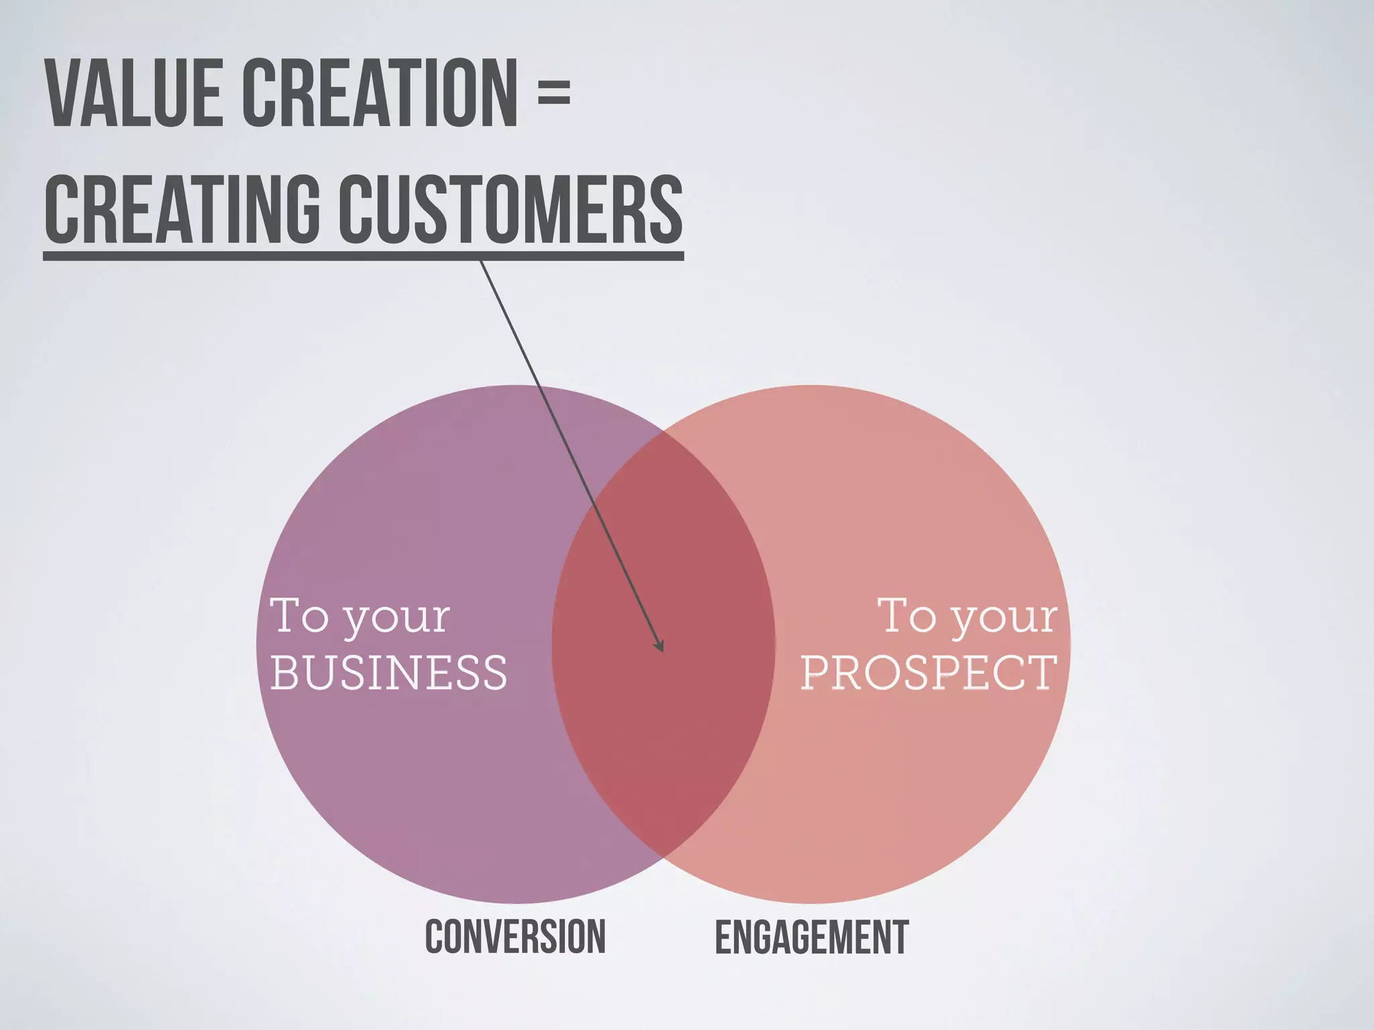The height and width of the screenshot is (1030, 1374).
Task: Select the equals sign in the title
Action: point(553,95)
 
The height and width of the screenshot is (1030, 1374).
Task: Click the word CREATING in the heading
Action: point(181,209)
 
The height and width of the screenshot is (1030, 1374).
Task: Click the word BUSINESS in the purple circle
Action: point(389,673)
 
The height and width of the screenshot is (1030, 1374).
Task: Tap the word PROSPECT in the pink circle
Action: point(929,673)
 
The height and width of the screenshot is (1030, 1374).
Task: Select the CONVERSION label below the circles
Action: point(515,937)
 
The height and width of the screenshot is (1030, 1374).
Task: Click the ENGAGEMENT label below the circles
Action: point(812,937)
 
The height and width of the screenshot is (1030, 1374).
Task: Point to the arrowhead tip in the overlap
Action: point(662,650)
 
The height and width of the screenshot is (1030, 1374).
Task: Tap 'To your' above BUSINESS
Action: point(360,616)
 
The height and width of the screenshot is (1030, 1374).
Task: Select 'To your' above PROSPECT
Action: point(967,616)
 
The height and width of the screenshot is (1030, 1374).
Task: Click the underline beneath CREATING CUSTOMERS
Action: point(362,255)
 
